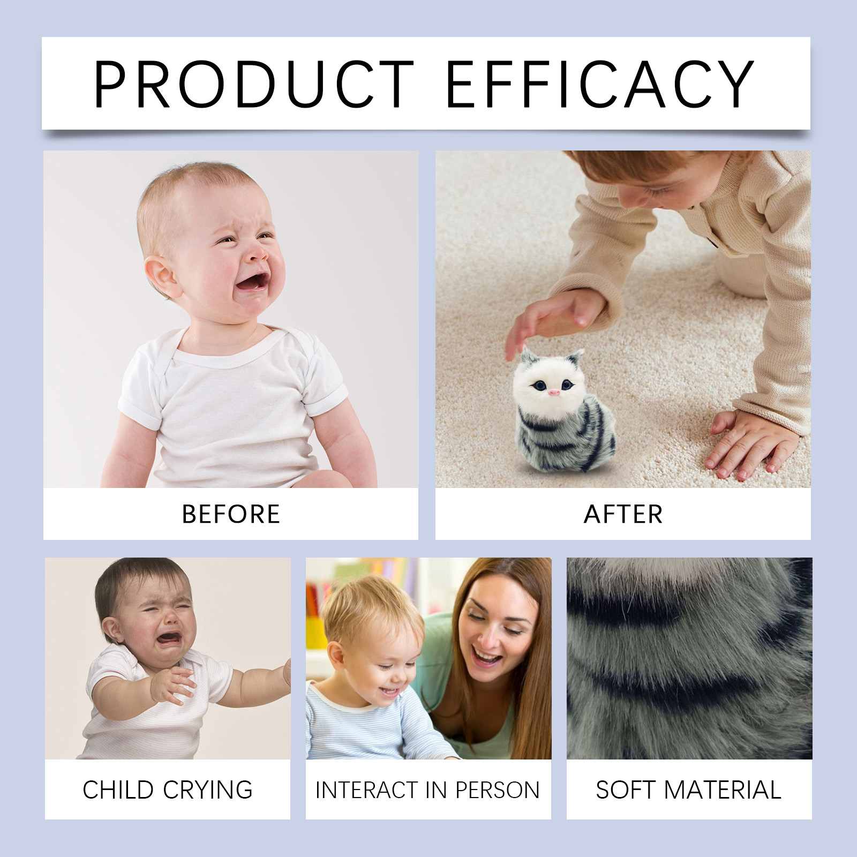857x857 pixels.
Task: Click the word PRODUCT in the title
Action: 253,84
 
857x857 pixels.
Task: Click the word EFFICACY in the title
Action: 599,84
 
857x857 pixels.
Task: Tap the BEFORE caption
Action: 231,514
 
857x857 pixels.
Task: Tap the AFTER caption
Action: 623,514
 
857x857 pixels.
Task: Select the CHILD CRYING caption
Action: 168,790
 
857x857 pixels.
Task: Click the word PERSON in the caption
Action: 498,790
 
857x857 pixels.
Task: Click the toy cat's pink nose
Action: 554,393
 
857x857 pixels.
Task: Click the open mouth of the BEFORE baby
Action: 252,281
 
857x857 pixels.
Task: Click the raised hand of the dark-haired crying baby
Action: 171,685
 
